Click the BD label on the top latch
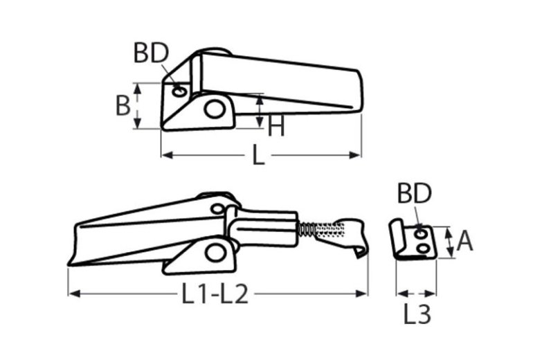[x=151, y=53]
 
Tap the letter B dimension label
[x=123, y=105]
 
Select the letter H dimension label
[x=275, y=126]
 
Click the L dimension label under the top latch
[x=258, y=155]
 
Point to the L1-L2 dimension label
[x=215, y=294]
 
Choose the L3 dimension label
[x=417, y=314]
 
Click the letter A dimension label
[x=464, y=242]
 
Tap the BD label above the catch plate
[x=415, y=193]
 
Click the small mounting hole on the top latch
[x=179, y=91]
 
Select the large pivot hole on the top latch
[x=215, y=109]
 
